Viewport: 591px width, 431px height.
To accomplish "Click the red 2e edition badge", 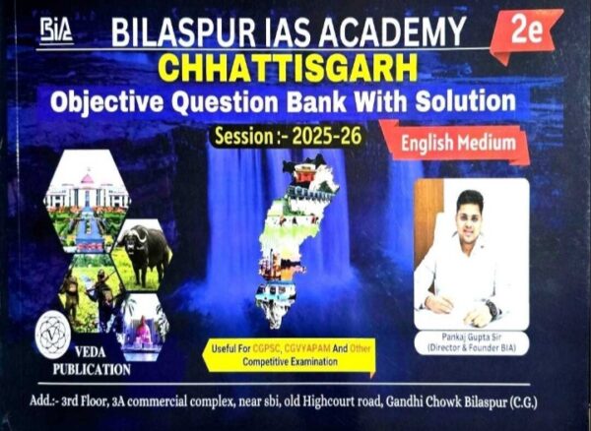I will (x=529, y=31).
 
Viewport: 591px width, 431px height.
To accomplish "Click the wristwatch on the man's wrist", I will (x=492, y=309).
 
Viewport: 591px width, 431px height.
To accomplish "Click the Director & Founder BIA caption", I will (x=471, y=348).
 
